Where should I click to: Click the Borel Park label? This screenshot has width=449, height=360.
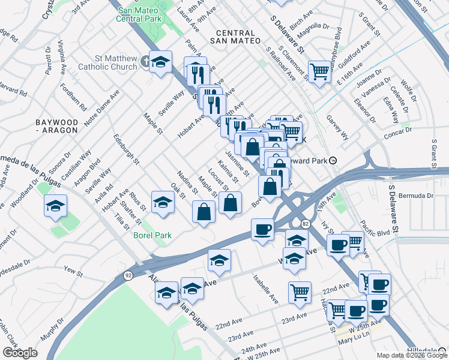(152, 235)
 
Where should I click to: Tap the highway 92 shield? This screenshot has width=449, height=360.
(128, 275)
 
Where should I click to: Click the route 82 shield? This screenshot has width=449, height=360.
(306, 224)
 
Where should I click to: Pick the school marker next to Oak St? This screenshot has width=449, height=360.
(162, 202)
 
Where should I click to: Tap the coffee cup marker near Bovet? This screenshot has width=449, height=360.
(262, 229)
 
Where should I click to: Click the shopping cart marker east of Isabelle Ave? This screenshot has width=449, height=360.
(300, 292)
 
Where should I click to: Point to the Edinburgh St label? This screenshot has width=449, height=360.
(126, 149)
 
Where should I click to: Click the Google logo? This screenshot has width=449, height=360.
(20, 353)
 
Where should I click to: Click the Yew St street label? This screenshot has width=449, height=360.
(73, 272)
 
